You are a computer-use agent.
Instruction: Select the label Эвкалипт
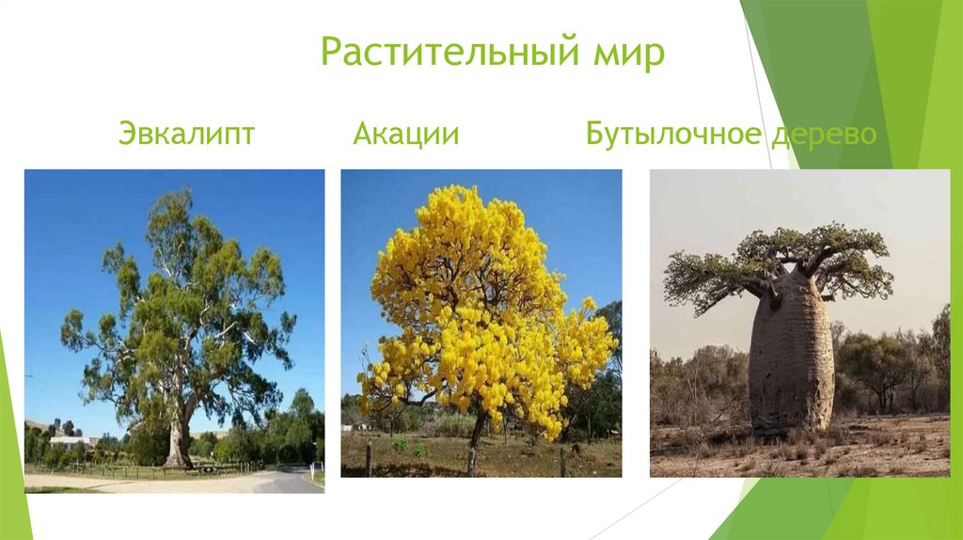[x=186, y=134]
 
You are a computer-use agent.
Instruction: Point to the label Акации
[x=406, y=134]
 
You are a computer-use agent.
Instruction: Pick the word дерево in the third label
[x=823, y=134]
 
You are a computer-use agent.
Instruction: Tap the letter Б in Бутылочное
[x=594, y=134]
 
